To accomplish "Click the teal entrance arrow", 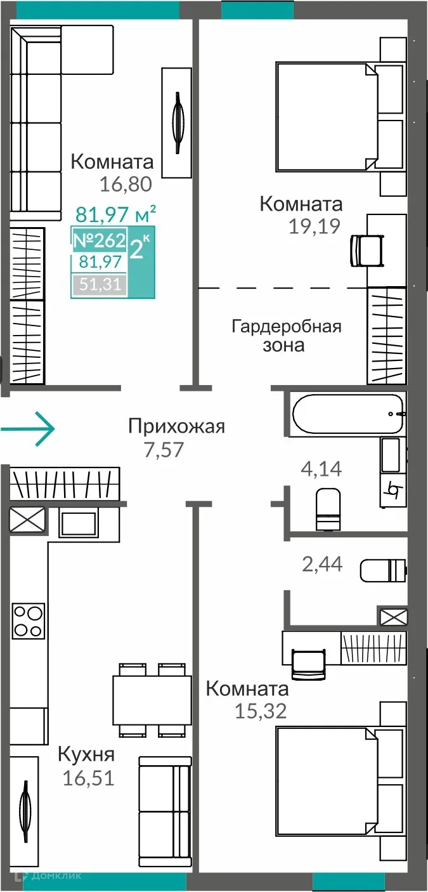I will (x=29, y=429).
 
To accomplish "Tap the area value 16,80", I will (x=126, y=185).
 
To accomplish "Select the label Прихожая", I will (x=176, y=426).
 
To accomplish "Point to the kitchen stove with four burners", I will (x=29, y=620).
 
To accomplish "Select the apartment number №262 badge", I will (x=99, y=241).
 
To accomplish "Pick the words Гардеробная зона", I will (x=286, y=336).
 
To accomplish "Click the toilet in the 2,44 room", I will (x=382, y=570).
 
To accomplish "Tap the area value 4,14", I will (x=321, y=469).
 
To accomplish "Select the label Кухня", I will (x=86, y=755).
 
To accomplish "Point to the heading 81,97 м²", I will (x=115, y=214).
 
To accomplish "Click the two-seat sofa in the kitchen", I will (x=165, y=796).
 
